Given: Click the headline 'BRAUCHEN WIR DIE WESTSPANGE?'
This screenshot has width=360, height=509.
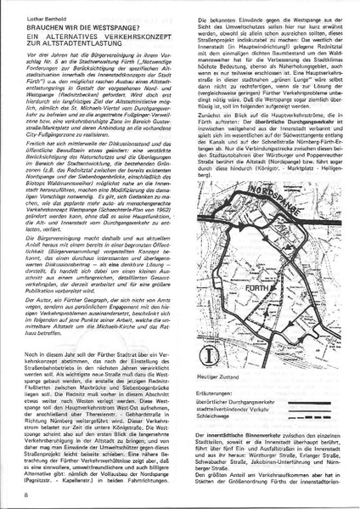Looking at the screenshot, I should (85, 27).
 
